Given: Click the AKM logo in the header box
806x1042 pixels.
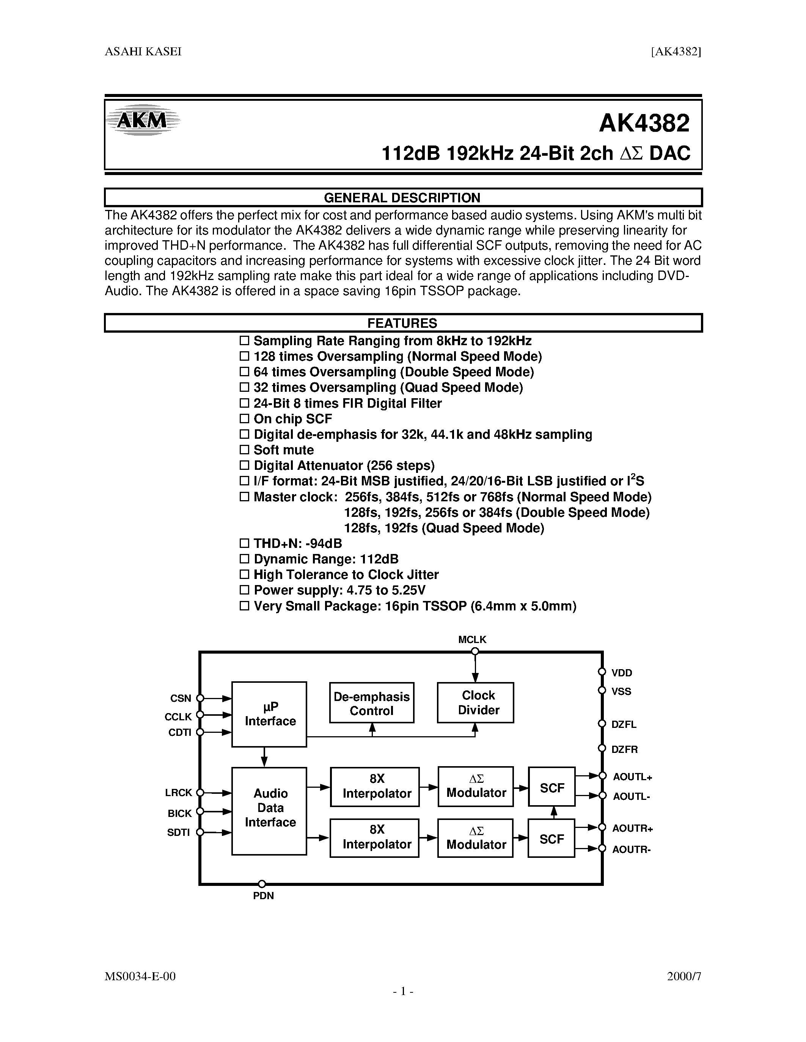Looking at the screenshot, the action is [x=142, y=120].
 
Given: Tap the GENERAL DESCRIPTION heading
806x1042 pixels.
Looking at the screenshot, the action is [x=402, y=197].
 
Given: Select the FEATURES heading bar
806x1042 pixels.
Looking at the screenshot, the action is [x=402, y=323].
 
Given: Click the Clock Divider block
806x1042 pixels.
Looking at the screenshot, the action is [x=476, y=702].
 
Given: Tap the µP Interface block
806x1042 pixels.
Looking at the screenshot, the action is [x=269, y=714].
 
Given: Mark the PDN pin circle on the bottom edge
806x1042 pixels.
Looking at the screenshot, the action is [x=262, y=884].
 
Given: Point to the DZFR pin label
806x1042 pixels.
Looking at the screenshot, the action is [x=624, y=749].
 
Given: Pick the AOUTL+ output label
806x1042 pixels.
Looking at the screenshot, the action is [x=632, y=777].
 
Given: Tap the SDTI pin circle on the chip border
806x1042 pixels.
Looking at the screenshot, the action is [x=200, y=832].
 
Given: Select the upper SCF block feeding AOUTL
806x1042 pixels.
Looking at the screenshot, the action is [x=551, y=788].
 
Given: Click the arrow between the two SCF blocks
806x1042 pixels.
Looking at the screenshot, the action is [x=554, y=812].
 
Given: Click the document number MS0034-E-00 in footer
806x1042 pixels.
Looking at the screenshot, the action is [x=140, y=976].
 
